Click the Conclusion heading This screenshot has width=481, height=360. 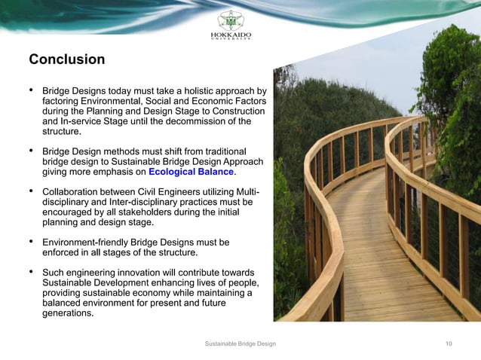pos(66,59)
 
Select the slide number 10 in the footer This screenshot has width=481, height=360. pos(449,343)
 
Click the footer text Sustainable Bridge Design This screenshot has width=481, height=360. pos(240,343)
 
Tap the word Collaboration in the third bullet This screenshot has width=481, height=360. pos(72,191)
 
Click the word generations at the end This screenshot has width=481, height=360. pos(68,313)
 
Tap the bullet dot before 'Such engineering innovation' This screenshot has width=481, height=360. pos(31,272)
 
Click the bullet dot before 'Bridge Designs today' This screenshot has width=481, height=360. pos(31,90)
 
